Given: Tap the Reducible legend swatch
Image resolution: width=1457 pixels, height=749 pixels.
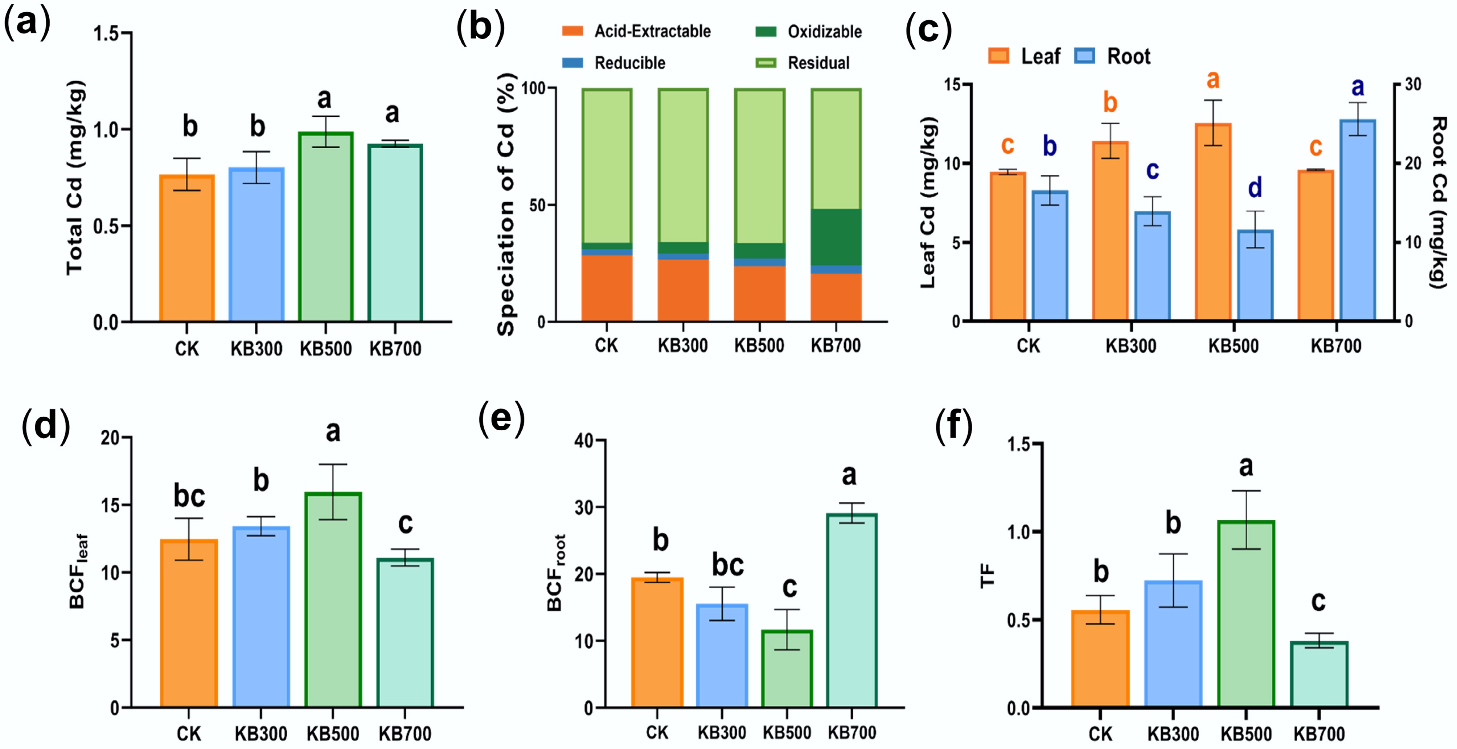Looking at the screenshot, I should tap(572, 63).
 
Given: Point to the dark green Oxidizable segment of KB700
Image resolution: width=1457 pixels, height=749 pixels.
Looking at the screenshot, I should tap(836, 237).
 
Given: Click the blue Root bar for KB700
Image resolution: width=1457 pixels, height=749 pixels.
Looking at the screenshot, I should tap(1358, 220).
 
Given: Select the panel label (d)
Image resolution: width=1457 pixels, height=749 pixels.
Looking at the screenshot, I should tap(45, 425).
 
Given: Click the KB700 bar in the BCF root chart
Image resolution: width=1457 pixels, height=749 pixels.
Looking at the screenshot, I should tap(852, 611).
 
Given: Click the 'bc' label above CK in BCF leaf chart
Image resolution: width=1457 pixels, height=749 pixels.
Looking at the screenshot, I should tap(189, 496).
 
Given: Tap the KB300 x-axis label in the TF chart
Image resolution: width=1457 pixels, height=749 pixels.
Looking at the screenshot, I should tap(1173, 734).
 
